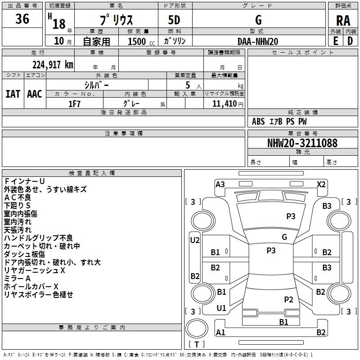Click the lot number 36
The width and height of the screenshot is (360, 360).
coord(22,19)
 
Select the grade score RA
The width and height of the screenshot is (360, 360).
coord(343,21)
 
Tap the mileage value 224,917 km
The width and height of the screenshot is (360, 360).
coord(53,65)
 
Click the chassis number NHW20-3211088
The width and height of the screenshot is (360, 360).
coord(302,143)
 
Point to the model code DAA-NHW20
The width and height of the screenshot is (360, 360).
coord(258,41)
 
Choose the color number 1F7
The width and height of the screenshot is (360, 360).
coord(74,104)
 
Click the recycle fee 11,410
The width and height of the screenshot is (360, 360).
coord(225,104)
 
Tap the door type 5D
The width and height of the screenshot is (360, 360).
coord(174,20)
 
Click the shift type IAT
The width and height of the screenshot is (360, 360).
coord(13,94)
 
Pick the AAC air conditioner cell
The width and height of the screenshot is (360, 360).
coord(35,94)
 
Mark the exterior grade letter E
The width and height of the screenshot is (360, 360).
coord(335,41)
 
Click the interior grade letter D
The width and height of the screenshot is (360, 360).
coord(350,41)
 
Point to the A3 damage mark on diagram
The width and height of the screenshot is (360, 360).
coord(220,184)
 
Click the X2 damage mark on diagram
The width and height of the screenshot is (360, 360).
coord(321,184)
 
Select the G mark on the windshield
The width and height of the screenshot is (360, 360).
coord(284,237)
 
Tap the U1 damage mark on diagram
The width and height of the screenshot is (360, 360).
coord(221,308)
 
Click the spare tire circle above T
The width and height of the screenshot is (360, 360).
coord(197,328)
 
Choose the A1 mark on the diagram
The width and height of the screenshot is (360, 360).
coord(220,332)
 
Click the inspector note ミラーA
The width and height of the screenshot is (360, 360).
coord(17,279)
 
